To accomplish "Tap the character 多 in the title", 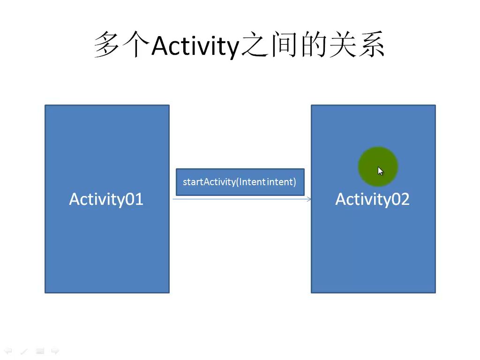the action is coord(106,45).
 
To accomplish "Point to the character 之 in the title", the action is coord(255,45).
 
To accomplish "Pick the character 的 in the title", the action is coord(313,45).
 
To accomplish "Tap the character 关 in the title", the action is coord(342,45).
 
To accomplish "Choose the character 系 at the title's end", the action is coord(372,45).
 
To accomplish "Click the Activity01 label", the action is coord(106,200).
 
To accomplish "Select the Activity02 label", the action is coord(372,200).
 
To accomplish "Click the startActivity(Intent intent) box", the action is coord(240,182).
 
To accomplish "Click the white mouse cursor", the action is coord(380,171).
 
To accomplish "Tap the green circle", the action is coord(378,166).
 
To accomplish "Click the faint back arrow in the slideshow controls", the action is coord(8,351).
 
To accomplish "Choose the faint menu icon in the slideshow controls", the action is coord(40,351).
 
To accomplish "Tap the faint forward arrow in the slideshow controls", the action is coord(55,351).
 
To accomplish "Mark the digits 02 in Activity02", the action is coord(401,199).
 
